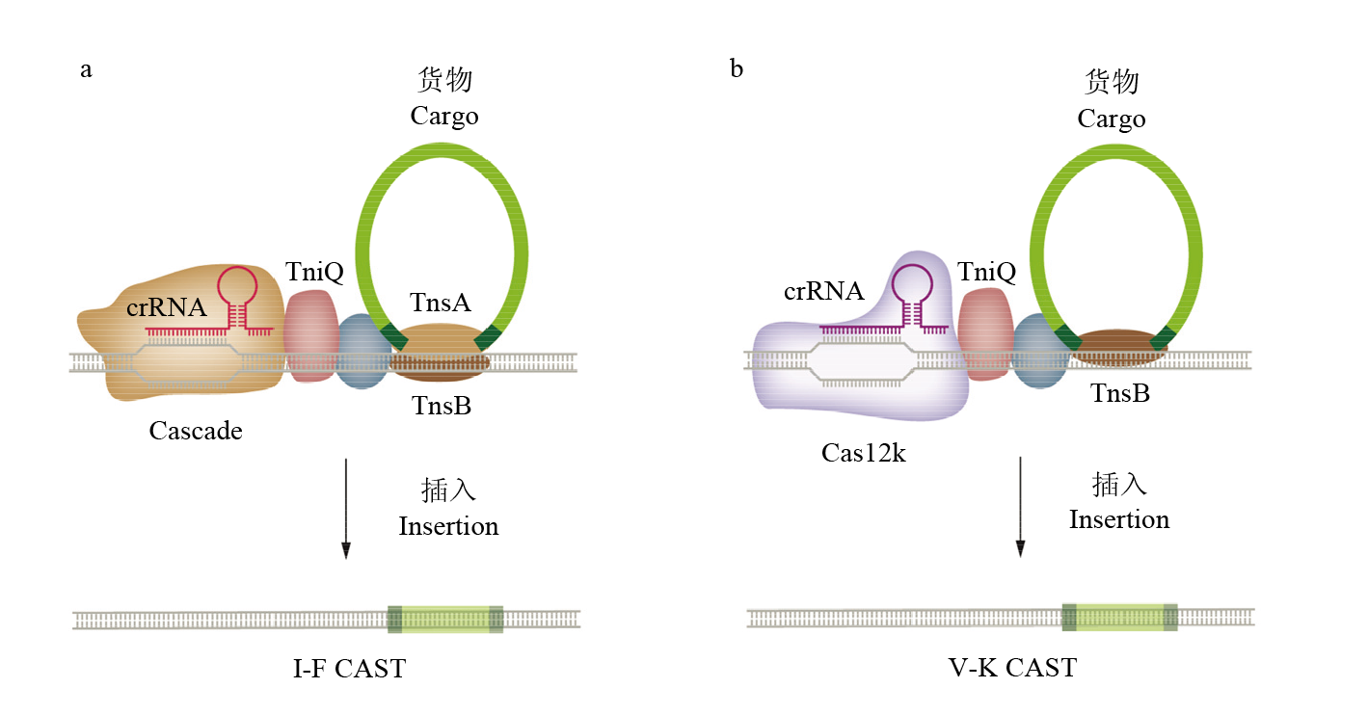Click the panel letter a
click(86, 70)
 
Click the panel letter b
click(737, 69)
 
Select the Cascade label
click(196, 431)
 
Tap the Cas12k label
click(863, 452)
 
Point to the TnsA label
click(440, 303)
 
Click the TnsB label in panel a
click(442, 406)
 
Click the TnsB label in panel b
click(1120, 393)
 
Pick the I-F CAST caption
click(349, 667)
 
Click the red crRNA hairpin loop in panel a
click(237, 284)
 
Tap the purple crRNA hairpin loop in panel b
click(911, 281)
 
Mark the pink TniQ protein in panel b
click(984, 332)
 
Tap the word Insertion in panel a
click(448, 527)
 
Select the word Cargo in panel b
click(1112, 119)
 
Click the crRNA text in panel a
click(167, 308)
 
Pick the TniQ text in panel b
click(987, 273)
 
